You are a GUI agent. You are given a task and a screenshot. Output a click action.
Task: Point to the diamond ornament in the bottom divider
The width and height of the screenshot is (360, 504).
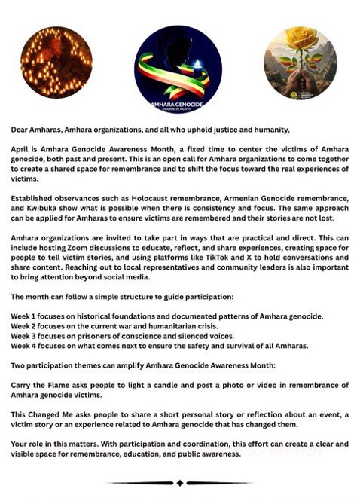(x=179, y=482)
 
